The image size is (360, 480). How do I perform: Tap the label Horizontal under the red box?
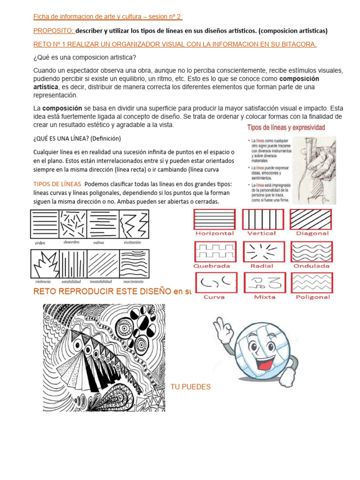214,233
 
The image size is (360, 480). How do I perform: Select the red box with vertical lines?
262,219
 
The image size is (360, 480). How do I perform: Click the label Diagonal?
312,233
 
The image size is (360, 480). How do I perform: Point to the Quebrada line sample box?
214,251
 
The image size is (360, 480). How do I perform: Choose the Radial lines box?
262,251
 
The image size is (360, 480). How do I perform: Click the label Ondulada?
311,266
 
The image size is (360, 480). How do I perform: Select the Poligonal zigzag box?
312,283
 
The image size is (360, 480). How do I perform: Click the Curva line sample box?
214,283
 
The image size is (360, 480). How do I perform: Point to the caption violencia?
43,282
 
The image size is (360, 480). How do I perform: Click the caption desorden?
71,242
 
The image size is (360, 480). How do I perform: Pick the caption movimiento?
134,282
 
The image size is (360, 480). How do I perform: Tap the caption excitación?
133,242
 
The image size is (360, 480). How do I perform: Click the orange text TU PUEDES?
190,387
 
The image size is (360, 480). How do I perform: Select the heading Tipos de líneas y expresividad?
286,127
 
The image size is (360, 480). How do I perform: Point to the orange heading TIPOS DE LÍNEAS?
57,183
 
